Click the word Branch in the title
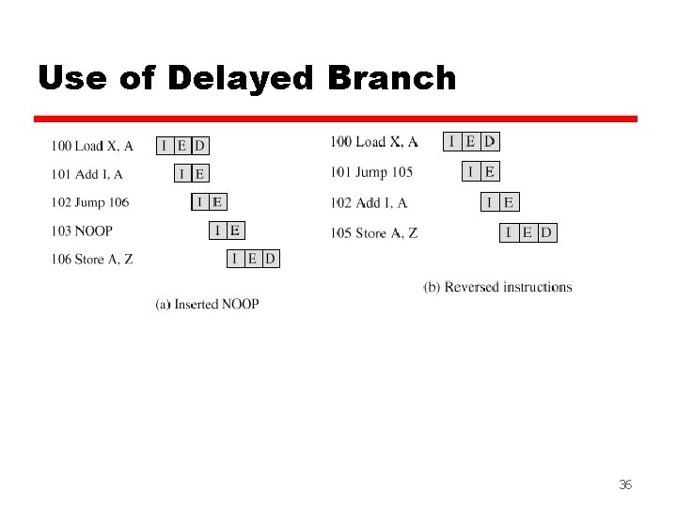pos(392,78)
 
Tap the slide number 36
pos(624,484)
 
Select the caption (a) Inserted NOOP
pos(207,304)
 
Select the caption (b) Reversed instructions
pos(497,287)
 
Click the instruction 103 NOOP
pos(82,230)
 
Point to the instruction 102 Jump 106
pos(90,202)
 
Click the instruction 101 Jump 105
pos(371,172)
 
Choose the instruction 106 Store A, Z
pos(92,260)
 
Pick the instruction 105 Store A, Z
pos(374,233)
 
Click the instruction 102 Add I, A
pos(369,203)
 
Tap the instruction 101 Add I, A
pos(87,174)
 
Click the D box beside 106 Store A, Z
pos(271,259)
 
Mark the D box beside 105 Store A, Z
pos(547,232)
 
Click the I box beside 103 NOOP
pos(217,230)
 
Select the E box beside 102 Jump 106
pos(217,201)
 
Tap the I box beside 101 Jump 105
pos(471,171)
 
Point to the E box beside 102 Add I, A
pos(509,201)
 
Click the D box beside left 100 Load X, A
pos(199,145)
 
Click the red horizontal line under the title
pos(336,119)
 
